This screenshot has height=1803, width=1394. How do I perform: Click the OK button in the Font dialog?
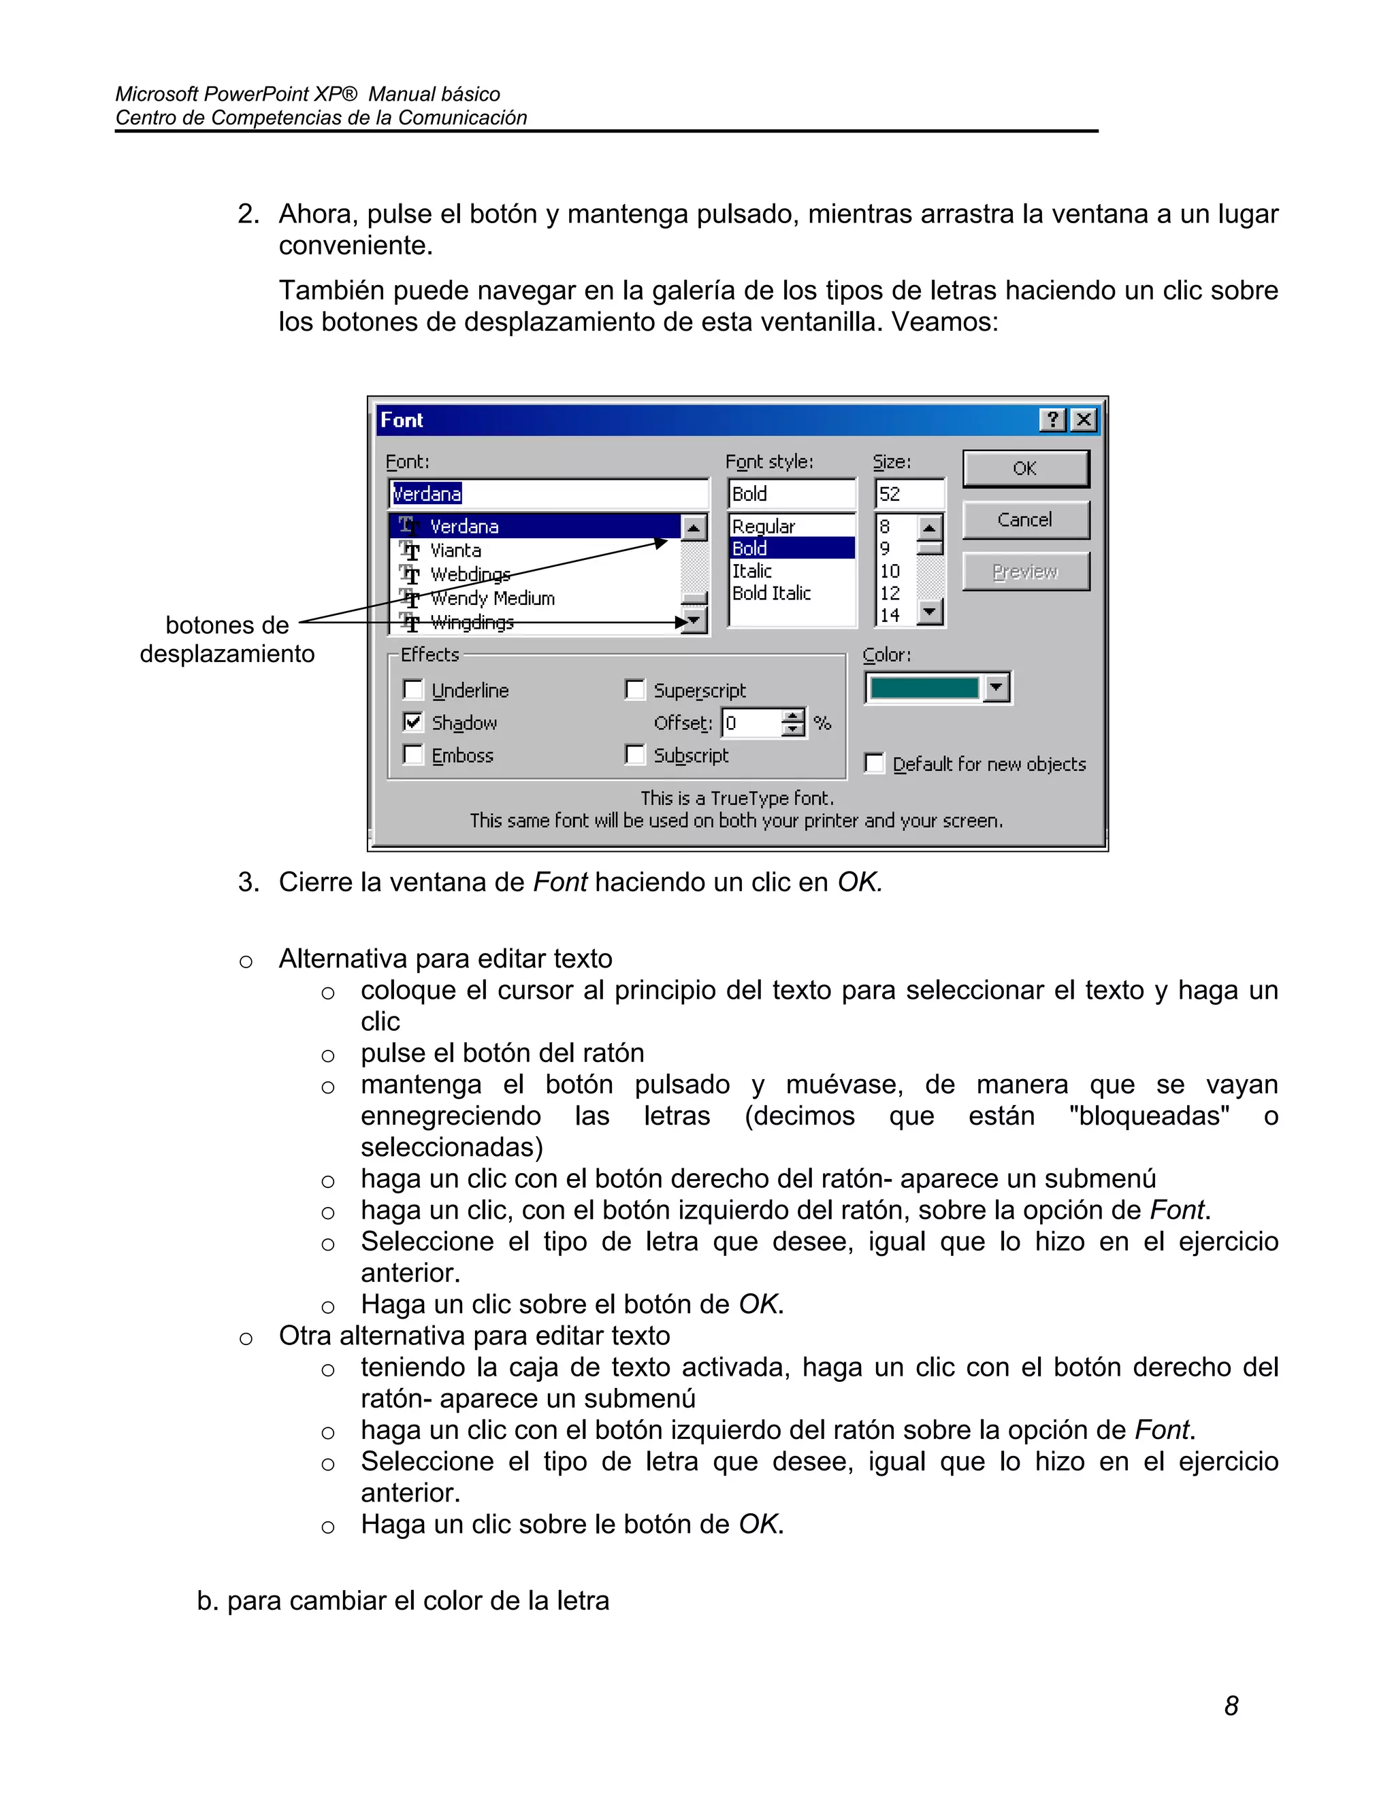coord(1025,469)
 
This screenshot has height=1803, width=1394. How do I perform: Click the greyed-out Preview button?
coord(1025,572)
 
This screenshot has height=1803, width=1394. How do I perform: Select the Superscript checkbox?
coord(635,689)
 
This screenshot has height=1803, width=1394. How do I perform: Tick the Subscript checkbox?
coord(635,755)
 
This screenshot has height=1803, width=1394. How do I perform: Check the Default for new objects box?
coord(874,763)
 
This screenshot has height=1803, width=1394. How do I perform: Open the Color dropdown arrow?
coord(996,687)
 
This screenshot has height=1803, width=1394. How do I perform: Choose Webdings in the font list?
coord(470,574)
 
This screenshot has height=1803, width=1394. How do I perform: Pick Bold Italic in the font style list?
coord(771,593)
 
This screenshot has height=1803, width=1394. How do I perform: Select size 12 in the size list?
coord(890,593)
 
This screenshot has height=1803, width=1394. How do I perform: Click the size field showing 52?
coord(909,494)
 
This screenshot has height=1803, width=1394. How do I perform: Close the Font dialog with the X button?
coord(1084,420)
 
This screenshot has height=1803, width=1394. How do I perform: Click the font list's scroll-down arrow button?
coord(694,621)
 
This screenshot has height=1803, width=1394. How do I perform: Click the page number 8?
coord(1231,1706)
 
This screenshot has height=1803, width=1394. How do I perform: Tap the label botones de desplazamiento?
coord(227,639)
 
